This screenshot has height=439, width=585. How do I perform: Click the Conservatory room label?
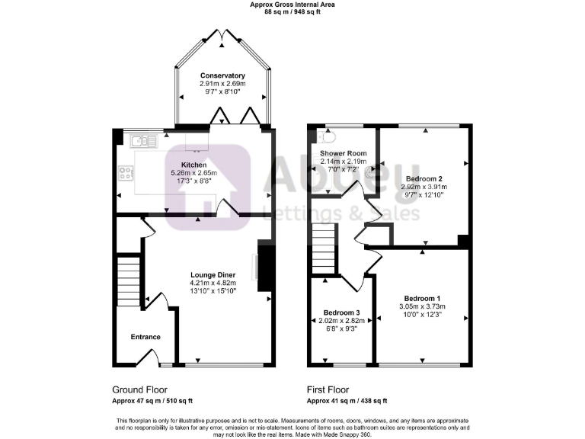click(222, 75)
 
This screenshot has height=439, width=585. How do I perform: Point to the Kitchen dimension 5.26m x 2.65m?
click(193, 173)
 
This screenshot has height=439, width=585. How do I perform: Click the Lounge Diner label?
click(213, 274)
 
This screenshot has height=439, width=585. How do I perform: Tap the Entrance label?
click(145, 337)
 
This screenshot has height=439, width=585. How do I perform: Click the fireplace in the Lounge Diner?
click(264, 267)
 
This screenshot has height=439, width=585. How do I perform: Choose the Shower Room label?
click(343, 152)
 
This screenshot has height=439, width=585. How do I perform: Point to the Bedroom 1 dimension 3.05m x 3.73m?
click(422, 306)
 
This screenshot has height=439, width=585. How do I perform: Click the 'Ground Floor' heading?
click(139, 389)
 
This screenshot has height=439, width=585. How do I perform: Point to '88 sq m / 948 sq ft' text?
click(292, 11)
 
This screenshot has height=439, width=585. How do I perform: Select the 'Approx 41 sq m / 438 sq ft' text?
click(347, 401)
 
